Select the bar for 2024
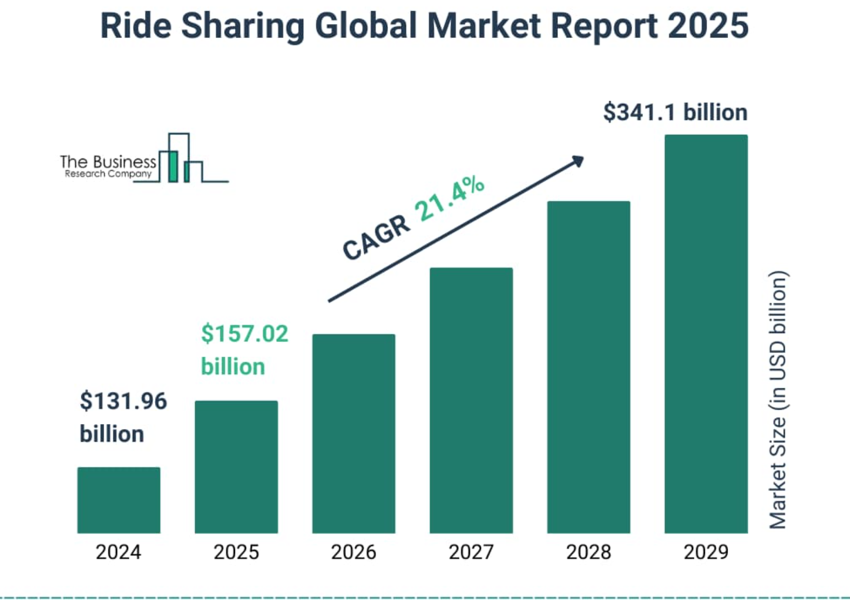tap(119, 500)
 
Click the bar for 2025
tap(236, 467)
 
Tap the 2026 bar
tap(354, 434)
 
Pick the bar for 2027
tap(471, 401)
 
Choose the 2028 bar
tap(588, 367)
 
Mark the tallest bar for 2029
tap(706, 334)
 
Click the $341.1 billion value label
tap(675, 113)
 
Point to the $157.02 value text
tap(244, 334)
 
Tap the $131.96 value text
tap(123, 401)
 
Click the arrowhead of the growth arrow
tap(578, 160)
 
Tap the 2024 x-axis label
tap(118, 552)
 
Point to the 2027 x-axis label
tap(471, 552)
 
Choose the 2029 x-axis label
tap(706, 552)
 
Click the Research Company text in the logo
tap(108, 174)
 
